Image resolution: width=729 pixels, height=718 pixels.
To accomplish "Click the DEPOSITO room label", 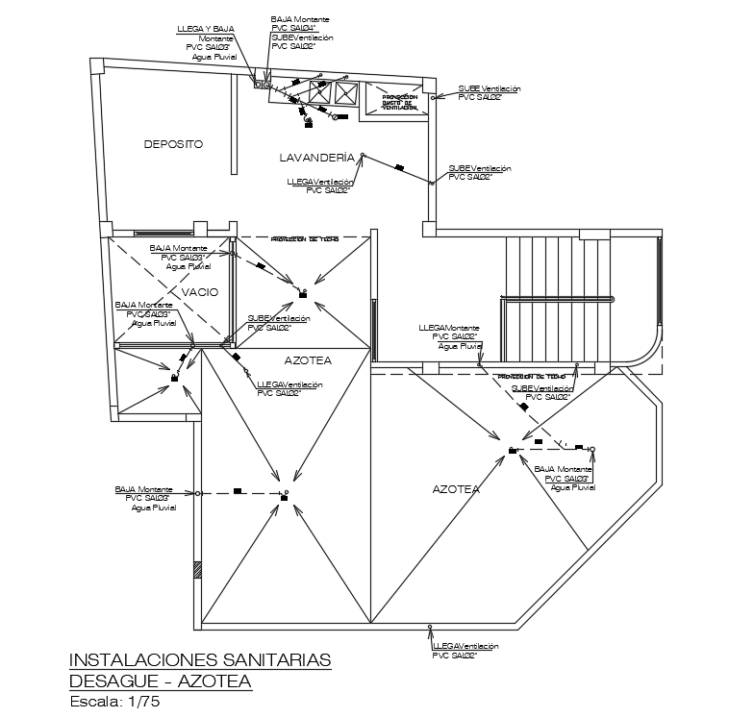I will (x=173, y=144).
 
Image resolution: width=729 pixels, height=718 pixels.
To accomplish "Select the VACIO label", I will (x=200, y=291).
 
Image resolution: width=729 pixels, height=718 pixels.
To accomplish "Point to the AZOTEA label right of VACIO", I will (x=309, y=360).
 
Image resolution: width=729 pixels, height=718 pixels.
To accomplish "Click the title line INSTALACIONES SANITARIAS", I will (x=200, y=659).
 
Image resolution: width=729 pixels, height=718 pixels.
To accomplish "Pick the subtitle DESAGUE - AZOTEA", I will (x=161, y=681).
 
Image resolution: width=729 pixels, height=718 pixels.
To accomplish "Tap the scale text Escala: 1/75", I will (x=114, y=703).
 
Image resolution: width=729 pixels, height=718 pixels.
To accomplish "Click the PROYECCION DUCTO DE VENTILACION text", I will (x=400, y=102).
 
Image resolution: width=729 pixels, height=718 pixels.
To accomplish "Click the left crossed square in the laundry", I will (x=320, y=92).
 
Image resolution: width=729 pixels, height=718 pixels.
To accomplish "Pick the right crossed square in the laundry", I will (x=345, y=92).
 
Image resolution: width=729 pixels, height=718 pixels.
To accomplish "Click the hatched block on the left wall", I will (x=197, y=569).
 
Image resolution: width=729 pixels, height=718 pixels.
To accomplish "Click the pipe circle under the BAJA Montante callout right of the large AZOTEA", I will (x=592, y=449).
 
